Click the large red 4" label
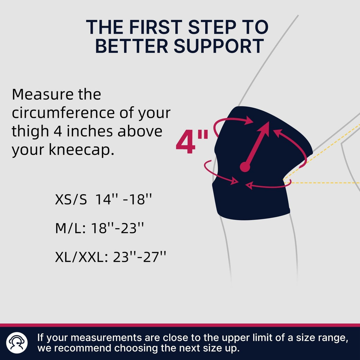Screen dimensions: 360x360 tap(192, 143)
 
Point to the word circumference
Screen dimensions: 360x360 tap(64, 113)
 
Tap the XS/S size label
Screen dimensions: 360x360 tap(71, 199)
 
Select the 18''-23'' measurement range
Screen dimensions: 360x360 tap(117, 229)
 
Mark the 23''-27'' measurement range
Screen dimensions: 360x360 tap(139, 257)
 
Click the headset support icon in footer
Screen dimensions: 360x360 tap(17, 343)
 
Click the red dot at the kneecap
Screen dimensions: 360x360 tap(245, 167)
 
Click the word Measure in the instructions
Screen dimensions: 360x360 tap(42, 94)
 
